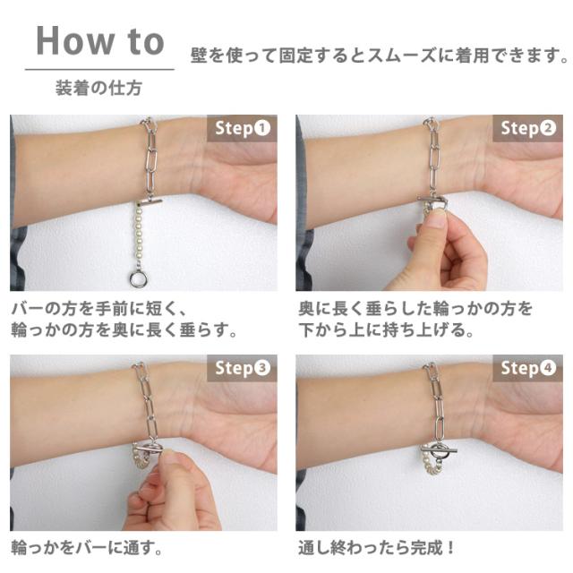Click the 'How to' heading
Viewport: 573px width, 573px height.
point(99,41)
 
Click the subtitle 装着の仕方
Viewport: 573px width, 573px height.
point(98,88)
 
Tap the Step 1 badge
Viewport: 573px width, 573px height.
point(243,128)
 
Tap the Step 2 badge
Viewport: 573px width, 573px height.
point(528,128)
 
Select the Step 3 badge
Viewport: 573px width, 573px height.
point(243,368)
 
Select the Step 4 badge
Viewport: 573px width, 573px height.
point(528,368)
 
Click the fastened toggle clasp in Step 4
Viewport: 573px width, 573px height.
point(439,449)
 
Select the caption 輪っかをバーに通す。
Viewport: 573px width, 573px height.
point(87,548)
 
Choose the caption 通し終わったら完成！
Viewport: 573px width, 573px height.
point(377,548)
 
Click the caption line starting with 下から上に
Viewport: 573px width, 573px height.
point(386,329)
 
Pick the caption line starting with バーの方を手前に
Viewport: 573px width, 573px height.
point(99,309)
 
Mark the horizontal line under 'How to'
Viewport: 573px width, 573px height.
point(99,69)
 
